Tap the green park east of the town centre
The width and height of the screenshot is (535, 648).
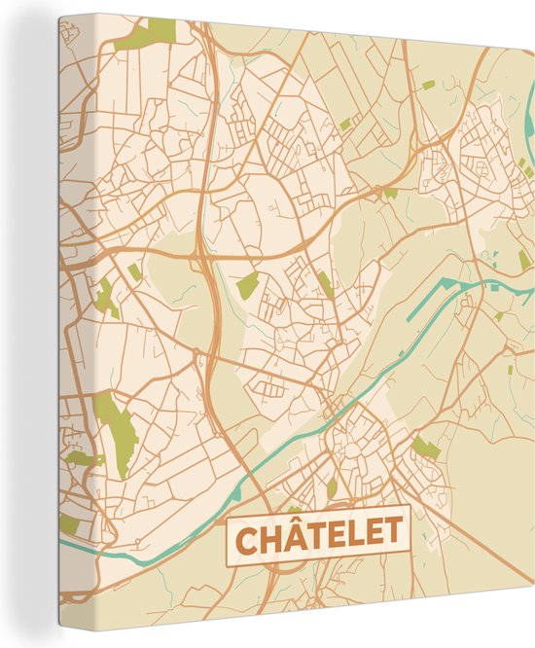tap(425, 448)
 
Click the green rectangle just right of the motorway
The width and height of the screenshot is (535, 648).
tap(248, 285)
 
